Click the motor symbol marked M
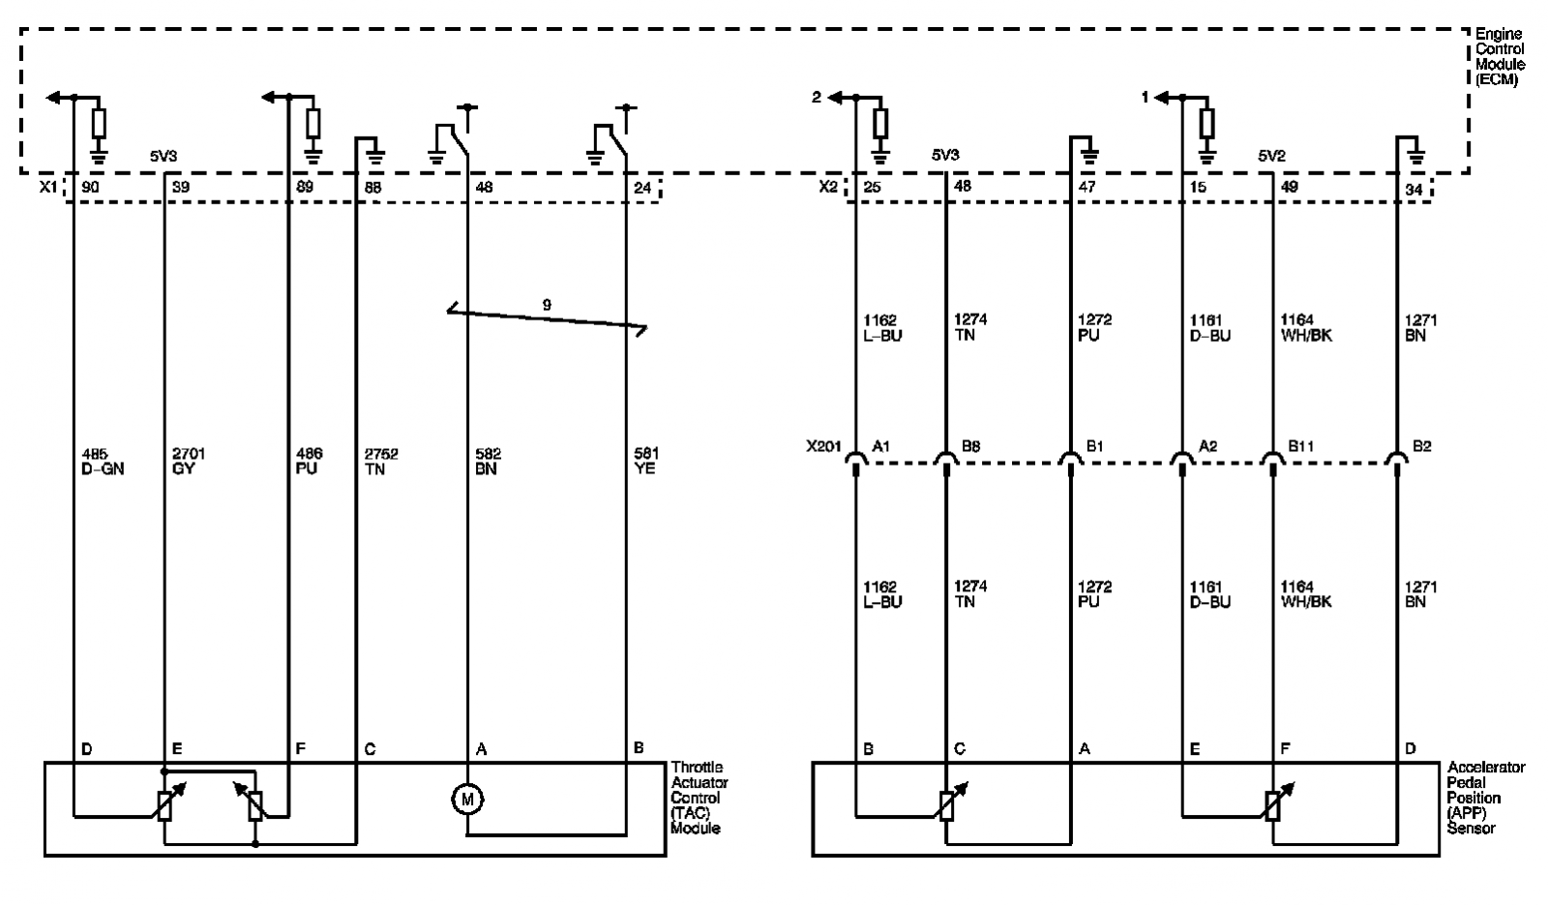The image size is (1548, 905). (x=467, y=799)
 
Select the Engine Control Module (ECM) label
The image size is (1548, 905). (x=1500, y=57)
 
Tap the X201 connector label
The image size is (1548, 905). (x=823, y=446)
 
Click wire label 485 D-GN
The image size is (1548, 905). (x=103, y=461)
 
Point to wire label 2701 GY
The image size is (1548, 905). (x=188, y=461)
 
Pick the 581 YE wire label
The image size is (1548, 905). (x=646, y=461)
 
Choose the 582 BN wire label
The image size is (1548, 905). (x=488, y=461)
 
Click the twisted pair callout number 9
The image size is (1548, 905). (x=547, y=304)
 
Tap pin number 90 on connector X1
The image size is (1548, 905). (x=91, y=187)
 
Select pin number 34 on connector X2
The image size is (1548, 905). (x=1414, y=189)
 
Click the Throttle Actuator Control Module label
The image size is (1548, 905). (x=700, y=798)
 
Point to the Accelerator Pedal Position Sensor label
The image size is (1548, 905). (x=1486, y=798)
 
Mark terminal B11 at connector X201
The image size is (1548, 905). (x=1300, y=446)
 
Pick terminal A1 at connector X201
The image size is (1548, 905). (x=880, y=446)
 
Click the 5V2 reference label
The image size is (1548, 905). (x=1271, y=156)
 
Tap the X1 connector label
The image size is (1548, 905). (x=48, y=187)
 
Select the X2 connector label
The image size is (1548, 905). (x=828, y=187)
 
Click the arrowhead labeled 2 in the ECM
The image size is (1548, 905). (x=835, y=98)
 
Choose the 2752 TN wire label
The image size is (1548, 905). (x=381, y=461)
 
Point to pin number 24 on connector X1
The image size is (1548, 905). (x=642, y=188)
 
